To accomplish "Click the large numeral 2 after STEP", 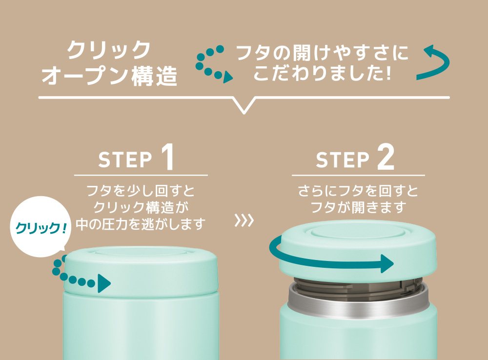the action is click(386, 157).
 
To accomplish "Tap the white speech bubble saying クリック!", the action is click(40, 227).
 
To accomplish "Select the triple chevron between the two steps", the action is click(244, 220).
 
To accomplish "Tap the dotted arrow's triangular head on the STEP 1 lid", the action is click(104, 283).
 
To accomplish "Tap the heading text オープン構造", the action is click(109, 76).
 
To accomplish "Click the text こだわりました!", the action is click(323, 72).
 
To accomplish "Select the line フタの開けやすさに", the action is click(323, 53).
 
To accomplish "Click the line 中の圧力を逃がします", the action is click(141, 224).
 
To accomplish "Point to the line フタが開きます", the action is click(358, 207).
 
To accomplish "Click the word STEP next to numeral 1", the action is click(125, 160).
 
